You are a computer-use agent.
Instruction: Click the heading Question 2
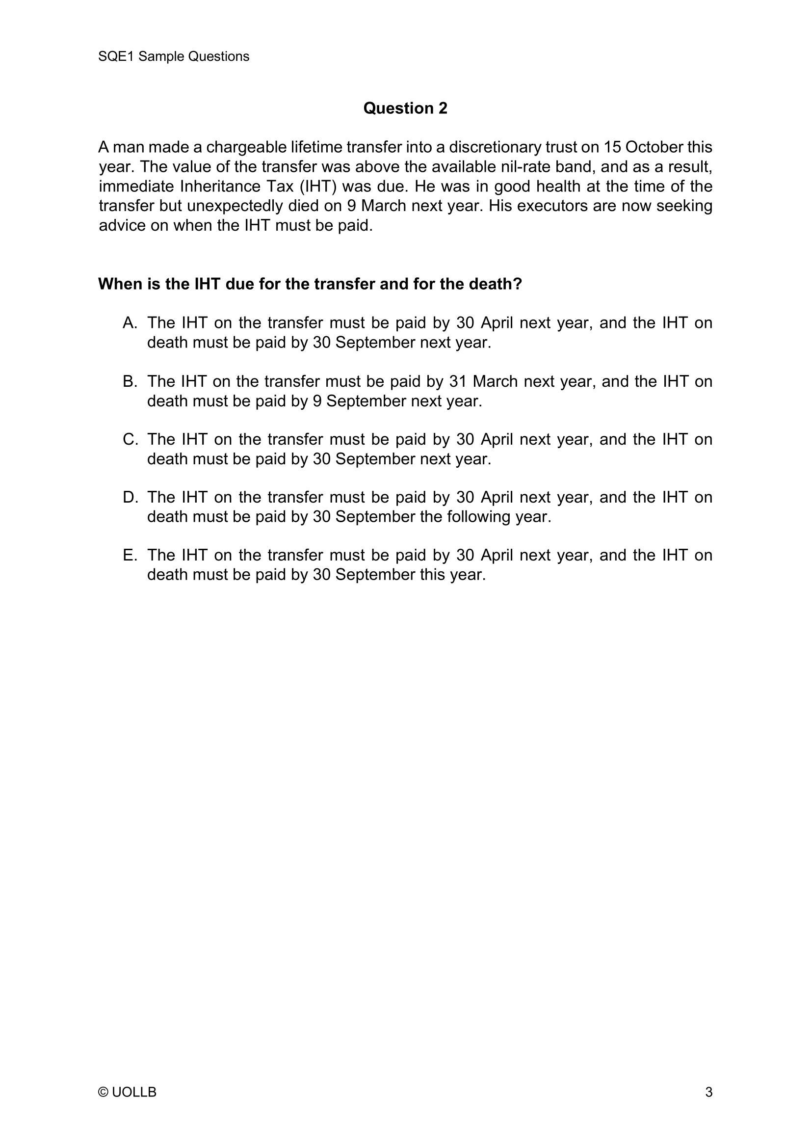pyautogui.click(x=405, y=108)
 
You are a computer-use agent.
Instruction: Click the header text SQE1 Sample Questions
pyautogui.click(x=173, y=56)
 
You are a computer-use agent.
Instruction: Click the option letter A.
pyautogui.click(x=130, y=323)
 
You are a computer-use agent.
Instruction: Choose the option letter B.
pyautogui.click(x=130, y=381)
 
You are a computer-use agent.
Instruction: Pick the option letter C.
pyautogui.click(x=130, y=439)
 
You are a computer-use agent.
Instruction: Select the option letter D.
pyautogui.click(x=130, y=498)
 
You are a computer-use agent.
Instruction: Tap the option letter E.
pyautogui.click(x=130, y=556)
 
